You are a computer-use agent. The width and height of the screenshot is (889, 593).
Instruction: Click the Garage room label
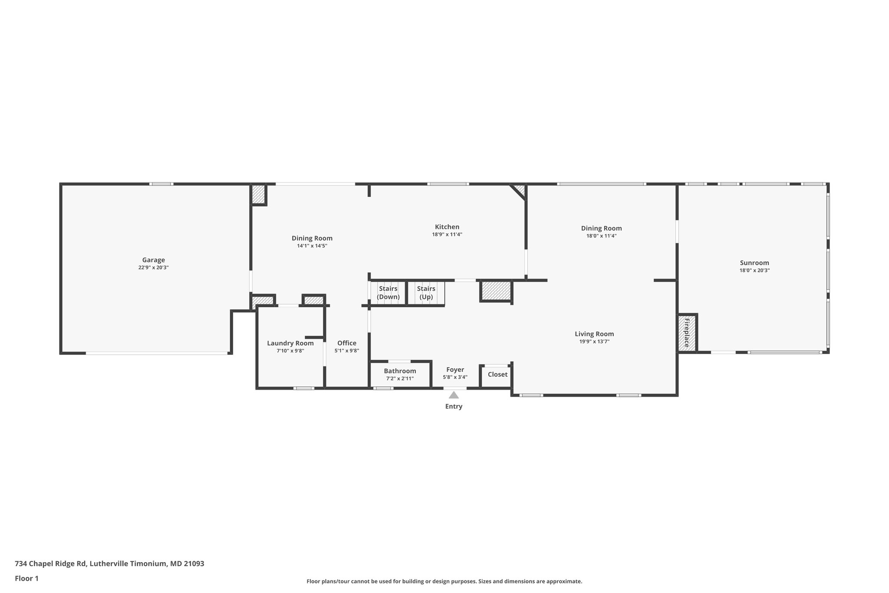click(x=154, y=260)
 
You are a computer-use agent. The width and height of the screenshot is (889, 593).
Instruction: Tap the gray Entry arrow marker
click(x=454, y=395)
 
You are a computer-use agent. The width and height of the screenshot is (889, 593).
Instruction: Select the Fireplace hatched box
click(x=687, y=333)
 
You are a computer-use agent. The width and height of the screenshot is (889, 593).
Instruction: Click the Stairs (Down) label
click(x=388, y=293)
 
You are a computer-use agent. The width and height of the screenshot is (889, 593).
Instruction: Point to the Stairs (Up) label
click(x=426, y=293)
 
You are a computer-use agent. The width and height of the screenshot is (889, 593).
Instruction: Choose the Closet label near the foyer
click(x=497, y=374)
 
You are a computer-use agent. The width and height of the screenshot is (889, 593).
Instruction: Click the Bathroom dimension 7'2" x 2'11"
click(x=400, y=379)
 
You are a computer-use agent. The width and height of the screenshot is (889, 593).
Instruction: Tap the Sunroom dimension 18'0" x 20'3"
click(x=754, y=270)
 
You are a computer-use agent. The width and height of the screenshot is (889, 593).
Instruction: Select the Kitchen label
click(x=447, y=227)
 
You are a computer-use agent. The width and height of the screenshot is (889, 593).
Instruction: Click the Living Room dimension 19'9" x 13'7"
click(x=594, y=341)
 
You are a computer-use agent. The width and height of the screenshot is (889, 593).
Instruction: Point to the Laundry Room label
click(x=290, y=343)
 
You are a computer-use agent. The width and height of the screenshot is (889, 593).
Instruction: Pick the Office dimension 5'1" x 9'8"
click(x=347, y=351)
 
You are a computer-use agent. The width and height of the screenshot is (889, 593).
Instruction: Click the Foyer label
click(x=455, y=370)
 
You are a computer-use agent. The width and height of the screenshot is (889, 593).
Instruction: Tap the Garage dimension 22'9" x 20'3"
click(x=154, y=268)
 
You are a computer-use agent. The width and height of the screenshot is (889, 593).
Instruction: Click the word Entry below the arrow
click(x=454, y=407)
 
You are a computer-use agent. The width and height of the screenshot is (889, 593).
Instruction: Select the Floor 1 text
click(x=26, y=578)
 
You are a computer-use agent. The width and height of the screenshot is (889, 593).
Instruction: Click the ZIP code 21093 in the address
click(x=194, y=564)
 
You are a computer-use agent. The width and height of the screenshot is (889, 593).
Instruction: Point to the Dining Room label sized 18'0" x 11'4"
click(x=601, y=229)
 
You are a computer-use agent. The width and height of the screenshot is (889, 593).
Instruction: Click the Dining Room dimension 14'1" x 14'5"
click(x=312, y=246)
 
